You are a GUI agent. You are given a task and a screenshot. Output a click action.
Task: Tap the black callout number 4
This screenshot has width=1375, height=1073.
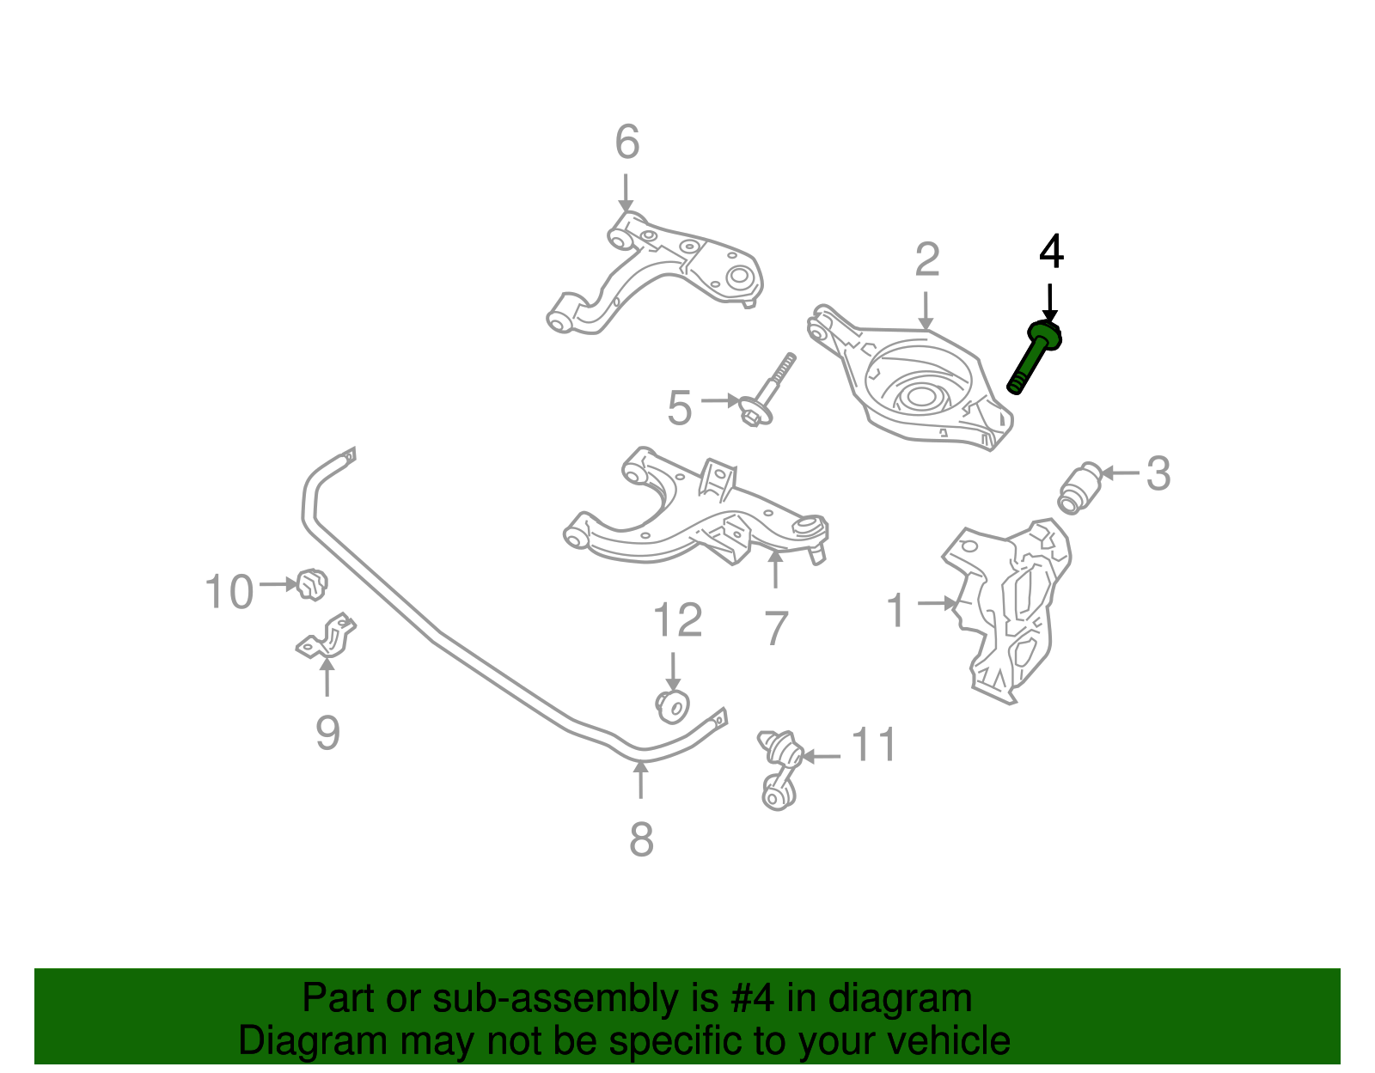click(1051, 253)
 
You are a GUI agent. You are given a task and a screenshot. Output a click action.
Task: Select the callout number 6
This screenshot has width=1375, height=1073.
click(627, 143)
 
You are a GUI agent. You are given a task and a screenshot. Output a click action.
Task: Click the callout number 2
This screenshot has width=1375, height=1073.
click(927, 260)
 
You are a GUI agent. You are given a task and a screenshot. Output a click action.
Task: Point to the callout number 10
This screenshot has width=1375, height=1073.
click(229, 593)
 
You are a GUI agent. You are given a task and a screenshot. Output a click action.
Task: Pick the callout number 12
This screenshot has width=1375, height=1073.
click(678, 619)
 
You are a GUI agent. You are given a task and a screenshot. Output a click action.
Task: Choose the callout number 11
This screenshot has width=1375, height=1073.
click(875, 746)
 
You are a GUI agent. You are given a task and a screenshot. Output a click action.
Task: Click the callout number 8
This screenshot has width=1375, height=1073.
click(641, 839)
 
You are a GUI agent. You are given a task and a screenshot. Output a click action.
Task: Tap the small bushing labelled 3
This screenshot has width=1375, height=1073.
click(1080, 486)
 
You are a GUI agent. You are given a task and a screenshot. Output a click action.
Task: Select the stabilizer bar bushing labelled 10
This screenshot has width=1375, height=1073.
click(312, 585)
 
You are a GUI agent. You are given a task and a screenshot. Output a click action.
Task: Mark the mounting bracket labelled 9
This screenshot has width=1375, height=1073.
click(327, 637)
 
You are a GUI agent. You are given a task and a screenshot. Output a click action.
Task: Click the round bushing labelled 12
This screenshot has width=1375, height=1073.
click(673, 705)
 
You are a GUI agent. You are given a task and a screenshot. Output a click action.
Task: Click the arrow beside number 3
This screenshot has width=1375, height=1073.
click(1120, 472)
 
